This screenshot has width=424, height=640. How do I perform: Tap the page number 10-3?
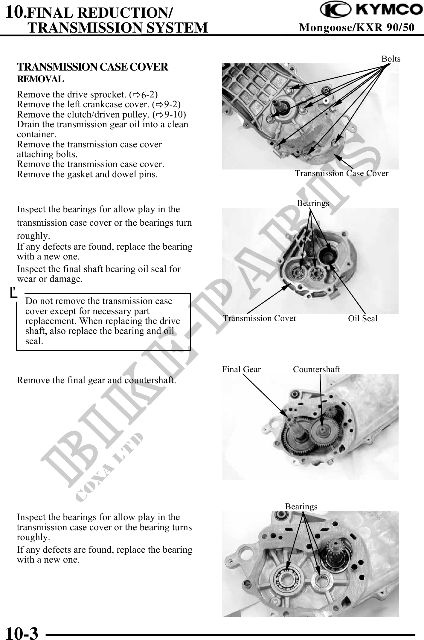pos(22,632)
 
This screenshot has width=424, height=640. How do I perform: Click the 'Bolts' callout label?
pos(391,59)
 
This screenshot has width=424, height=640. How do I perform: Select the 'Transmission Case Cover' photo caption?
pos(341,173)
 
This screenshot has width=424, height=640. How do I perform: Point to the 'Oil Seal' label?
pos(362,319)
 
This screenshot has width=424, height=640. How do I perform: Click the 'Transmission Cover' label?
pos(260,318)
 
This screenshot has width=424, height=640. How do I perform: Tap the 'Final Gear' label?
pos(241,369)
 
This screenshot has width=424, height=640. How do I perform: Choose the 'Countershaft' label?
pos(316,369)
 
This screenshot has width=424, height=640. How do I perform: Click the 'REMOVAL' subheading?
pos(40,80)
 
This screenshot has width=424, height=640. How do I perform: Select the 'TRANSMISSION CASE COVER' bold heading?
pos(92,67)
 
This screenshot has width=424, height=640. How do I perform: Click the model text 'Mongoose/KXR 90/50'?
pos(357,28)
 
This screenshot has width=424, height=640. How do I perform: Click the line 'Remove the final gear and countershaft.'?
pos(96,381)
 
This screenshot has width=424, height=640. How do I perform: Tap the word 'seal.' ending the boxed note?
pos(34,341)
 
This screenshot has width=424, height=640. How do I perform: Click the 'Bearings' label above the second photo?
pos(313,203)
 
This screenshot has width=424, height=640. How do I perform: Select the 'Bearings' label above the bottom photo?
pos(301,506)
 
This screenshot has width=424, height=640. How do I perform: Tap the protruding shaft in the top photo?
pos(280,104)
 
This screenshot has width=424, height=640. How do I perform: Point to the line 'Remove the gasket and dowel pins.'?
pos(87,174)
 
